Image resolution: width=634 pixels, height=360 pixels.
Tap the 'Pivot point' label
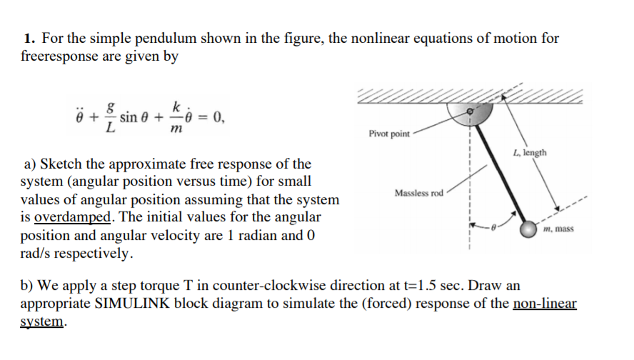pos(389,134)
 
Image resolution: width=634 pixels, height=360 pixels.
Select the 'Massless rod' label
pos(418,194)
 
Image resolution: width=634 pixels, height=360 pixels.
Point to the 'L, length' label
pos(529,152)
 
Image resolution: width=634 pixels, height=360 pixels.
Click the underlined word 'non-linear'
pos(545,303)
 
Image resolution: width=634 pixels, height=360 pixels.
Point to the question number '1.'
pos(29,38)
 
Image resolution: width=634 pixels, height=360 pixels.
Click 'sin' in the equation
pos(129,117)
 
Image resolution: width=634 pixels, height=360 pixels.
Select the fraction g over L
pos(109,118)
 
